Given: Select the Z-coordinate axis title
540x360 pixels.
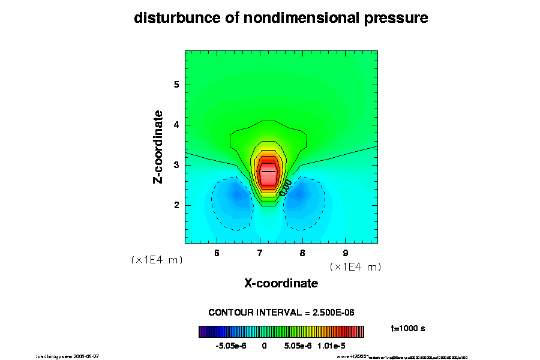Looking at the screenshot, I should (159, 147).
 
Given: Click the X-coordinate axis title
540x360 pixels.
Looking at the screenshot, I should (281, 283).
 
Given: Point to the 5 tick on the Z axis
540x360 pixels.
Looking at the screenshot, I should (176, 85).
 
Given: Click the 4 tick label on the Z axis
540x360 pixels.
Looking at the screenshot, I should (176, 125).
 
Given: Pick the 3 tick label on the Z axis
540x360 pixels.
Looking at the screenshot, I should (176, 165).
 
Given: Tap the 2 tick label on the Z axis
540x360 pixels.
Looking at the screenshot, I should (176, 205).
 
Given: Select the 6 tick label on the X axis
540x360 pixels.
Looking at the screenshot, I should (217, 253).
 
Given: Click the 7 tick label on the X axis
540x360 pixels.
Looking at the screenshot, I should (259, 253).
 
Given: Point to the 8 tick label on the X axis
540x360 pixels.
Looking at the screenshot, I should (302, 253).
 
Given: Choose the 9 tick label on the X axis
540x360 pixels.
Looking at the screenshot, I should (345, 253).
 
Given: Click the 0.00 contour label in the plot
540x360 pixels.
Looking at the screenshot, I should (286, 188).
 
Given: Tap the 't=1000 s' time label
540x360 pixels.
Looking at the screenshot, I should (408, 329).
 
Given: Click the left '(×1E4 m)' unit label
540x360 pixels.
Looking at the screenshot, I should (157, 260).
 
